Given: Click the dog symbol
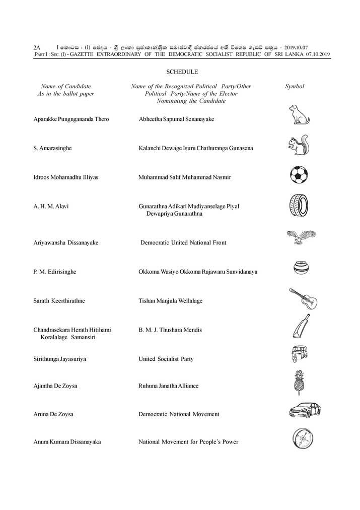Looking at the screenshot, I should (299, 115).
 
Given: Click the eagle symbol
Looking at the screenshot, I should (300, 236).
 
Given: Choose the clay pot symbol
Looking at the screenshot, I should (301, 267).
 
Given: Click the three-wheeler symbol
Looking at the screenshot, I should (300, 355).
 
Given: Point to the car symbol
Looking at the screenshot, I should (303, 411).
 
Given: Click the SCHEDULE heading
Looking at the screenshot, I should (179, 72).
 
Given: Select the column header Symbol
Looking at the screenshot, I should (295, 86).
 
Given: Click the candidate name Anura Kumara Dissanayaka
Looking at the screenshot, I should (66, 442).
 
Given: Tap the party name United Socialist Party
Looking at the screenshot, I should (166, 359).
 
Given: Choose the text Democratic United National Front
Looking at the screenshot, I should (183, 242).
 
